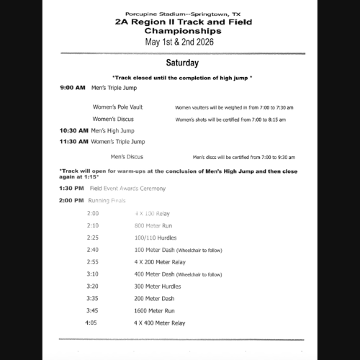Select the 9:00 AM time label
73,87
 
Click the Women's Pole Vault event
117,107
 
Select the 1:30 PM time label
73,189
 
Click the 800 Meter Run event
153,225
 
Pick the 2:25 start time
94,238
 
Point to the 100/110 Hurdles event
156,238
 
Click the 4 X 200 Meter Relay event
160,262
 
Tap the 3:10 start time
94,274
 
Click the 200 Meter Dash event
154,298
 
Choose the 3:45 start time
94,310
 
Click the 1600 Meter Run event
155,310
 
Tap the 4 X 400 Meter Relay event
160,323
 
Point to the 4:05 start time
91,323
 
